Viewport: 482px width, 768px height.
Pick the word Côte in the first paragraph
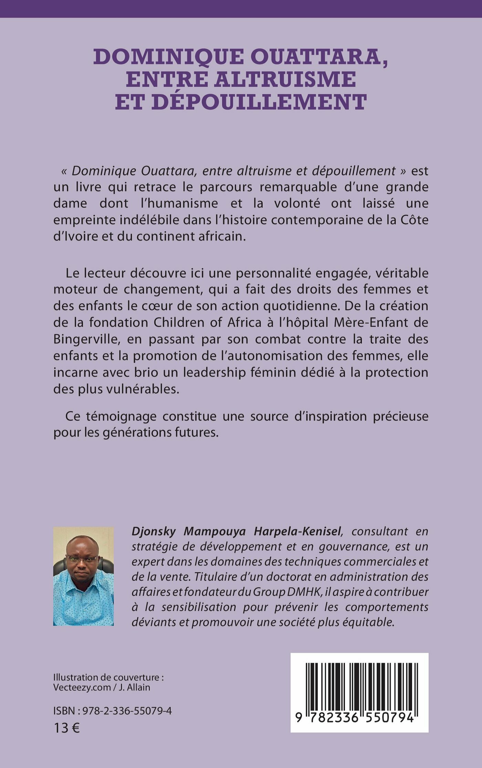point(415,220)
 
